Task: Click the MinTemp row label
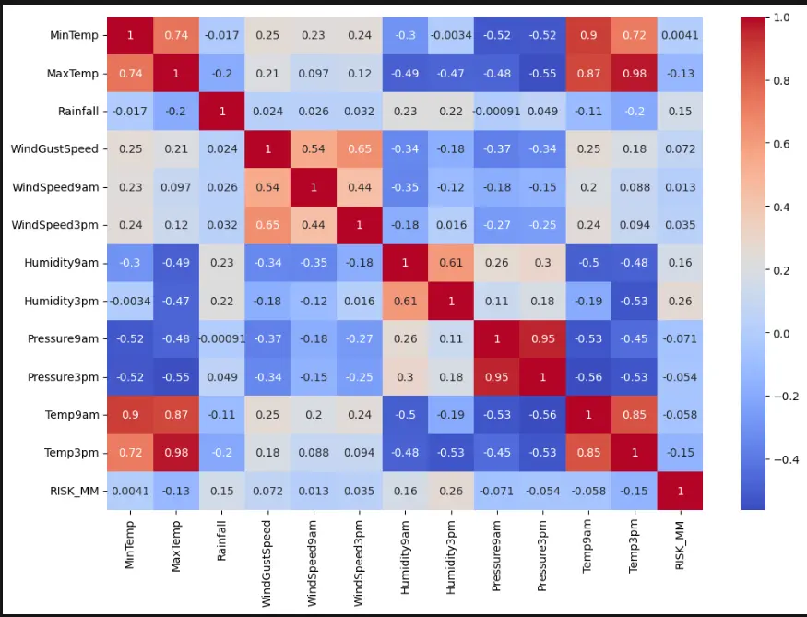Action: click(x=73, y=35)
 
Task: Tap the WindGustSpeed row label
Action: click(x=55, y=148)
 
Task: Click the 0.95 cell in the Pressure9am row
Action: click(x=542, y=338)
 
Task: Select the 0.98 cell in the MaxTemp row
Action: click(x=634, y=73)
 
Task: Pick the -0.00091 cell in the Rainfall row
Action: click(x=496, y=111)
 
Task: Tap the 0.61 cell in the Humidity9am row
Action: click(x=450, y=262)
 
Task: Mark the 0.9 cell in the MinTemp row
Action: click(x=587, y=35)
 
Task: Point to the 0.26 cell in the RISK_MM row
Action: click(x=450, y=491)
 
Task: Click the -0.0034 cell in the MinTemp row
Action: click(x=450, y=35)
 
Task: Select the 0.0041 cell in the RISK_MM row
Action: click(x=129, y=491)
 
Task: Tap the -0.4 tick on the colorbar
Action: click(x=785, y=459)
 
